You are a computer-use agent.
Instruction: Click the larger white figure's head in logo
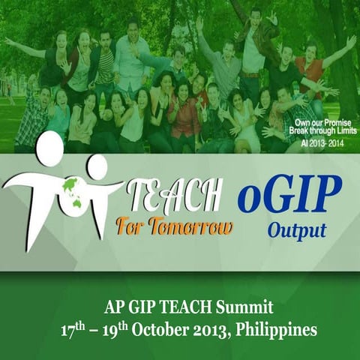(50, 148)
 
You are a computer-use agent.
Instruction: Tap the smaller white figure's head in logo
(97, 166)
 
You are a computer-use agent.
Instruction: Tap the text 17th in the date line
(74, 328)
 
